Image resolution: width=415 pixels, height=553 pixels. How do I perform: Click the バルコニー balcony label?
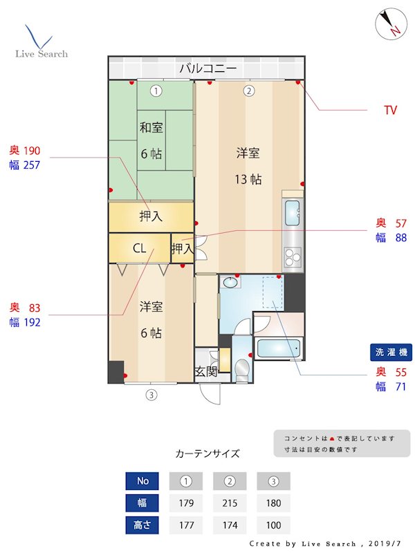pyautogui.click(x=207, y=68)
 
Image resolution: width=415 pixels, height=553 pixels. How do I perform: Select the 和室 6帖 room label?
pyautogui.click(x=151, y=140)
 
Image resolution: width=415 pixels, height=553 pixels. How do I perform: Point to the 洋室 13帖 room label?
pyautogui.click(x=248, y=166)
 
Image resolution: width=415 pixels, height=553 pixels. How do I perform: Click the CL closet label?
pyautogui.click(x=139, y=248)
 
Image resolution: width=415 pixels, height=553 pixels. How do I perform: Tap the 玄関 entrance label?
pyautogui.click(x=205, y=372)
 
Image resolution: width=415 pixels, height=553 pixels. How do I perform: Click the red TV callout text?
pyautogui.click(x=391, y=110)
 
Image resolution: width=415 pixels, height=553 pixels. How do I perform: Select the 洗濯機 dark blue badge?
pyautogui.click(x=391, y=352)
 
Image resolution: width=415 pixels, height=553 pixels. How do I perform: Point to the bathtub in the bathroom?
pyautogui.click(x=280, y=348)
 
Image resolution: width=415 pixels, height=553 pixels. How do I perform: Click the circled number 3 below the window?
pyautogui.click(x=151, y=396)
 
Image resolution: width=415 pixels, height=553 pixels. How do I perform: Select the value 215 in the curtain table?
pyautogui.click(x=230, y=503)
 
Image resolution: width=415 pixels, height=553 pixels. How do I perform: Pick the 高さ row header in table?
pyautogui.click(x=141, y=525)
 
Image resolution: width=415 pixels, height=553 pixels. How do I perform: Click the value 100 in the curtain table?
pyautogui.click(x=273, y=525)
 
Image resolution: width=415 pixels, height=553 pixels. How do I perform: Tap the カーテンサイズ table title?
pyautogui.click(x=207, y=453)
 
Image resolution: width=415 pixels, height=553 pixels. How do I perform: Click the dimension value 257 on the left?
pyautogui.click(x=32, y=165)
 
